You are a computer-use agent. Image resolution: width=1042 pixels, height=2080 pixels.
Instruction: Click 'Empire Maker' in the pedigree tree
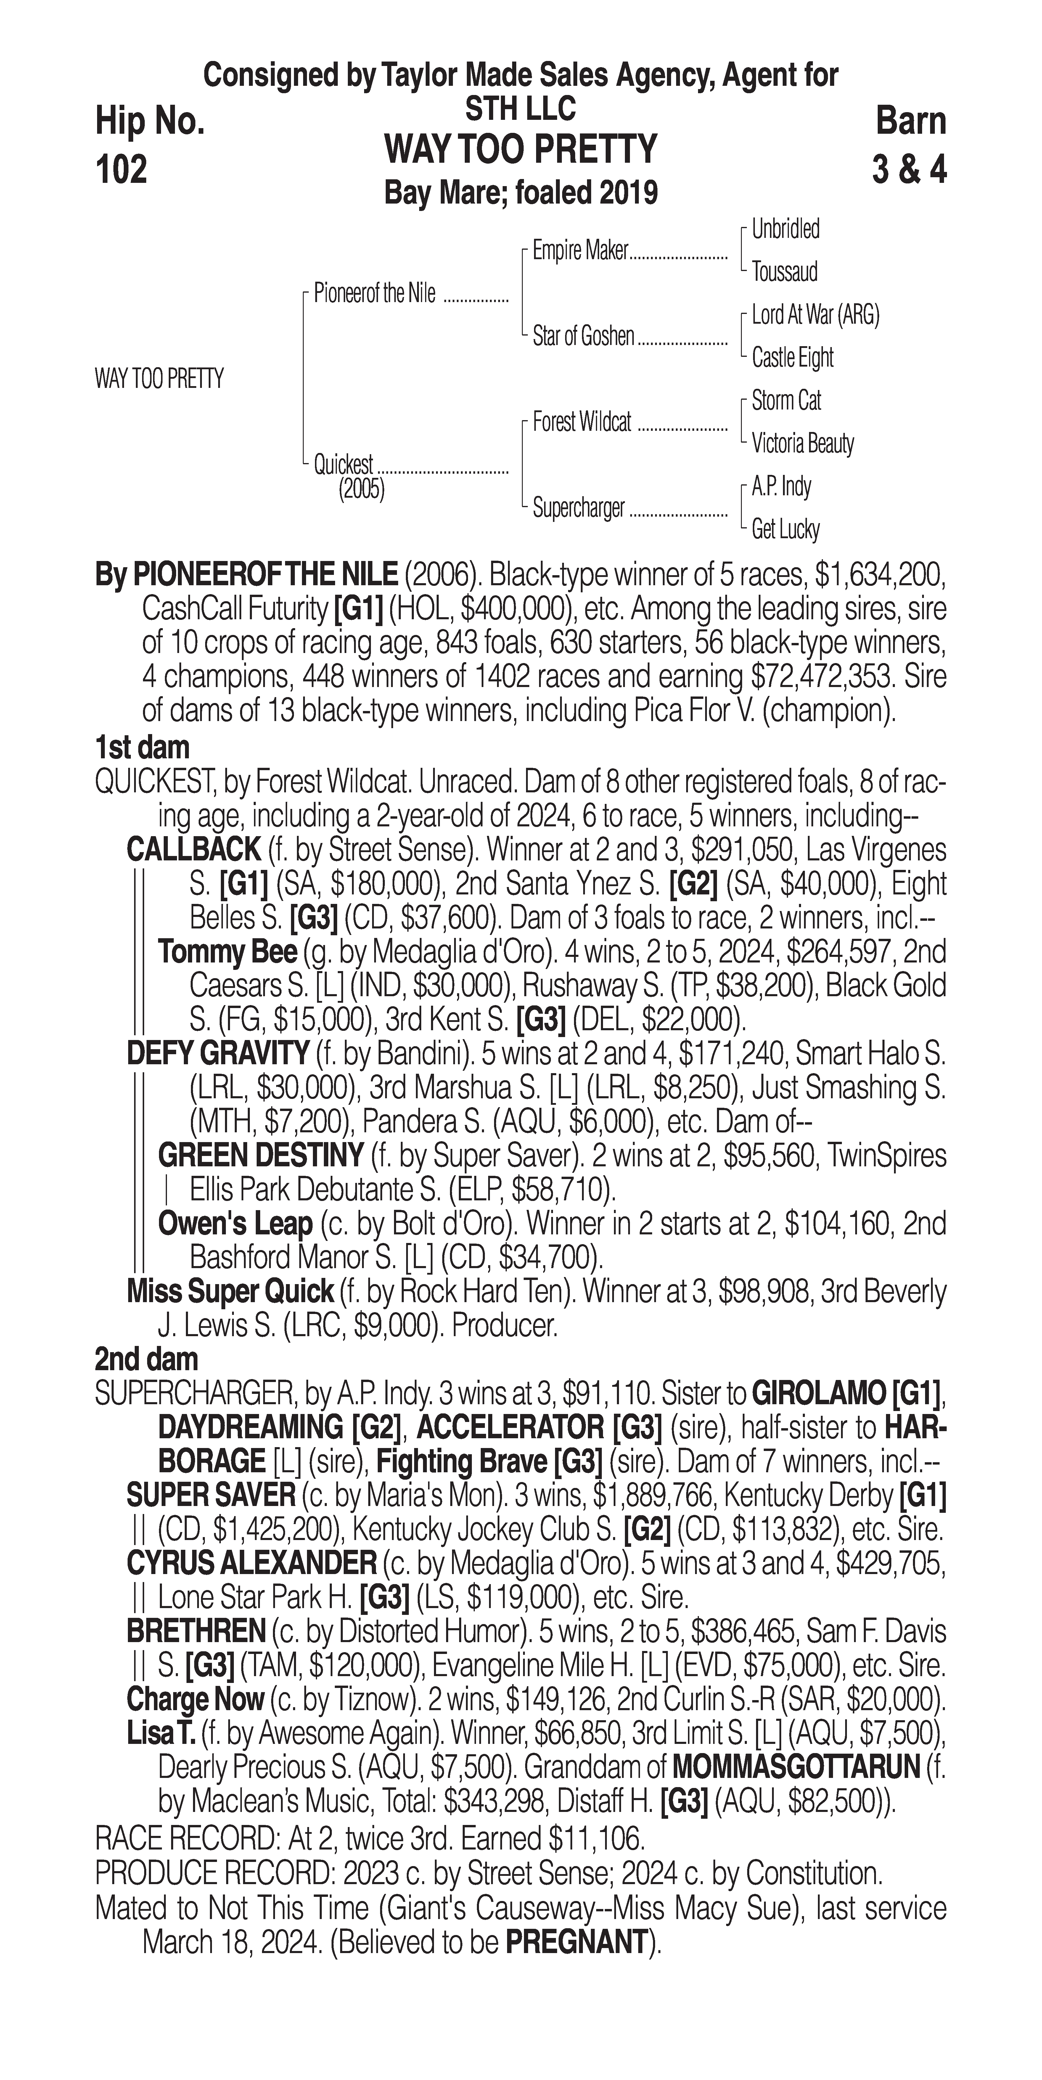[580, 251]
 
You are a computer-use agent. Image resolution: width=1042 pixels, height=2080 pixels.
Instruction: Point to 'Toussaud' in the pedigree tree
[784, 272]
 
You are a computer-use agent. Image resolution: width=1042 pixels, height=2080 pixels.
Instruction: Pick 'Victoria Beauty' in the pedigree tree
[802, 443]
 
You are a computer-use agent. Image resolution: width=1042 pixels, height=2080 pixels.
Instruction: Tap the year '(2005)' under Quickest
[361, 489]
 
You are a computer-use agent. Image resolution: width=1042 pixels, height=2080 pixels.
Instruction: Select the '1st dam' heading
[142, 748]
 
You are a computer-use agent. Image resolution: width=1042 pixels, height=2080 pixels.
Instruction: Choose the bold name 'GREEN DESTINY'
[260, 1155]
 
